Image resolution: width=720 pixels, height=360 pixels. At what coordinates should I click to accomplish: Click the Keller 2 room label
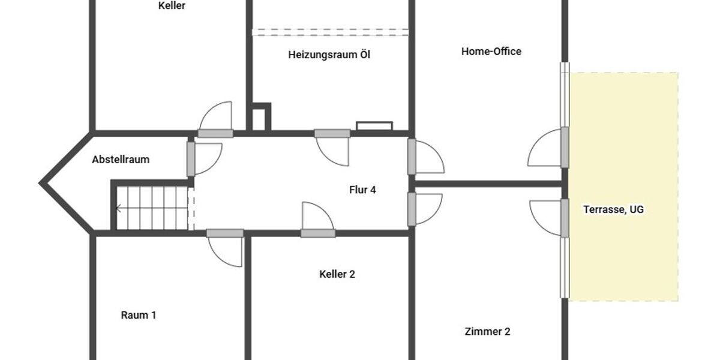[337, 274]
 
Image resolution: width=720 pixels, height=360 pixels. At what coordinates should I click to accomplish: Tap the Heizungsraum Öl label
[329, 55]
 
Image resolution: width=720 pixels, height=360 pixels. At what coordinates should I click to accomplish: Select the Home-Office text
[491, 52]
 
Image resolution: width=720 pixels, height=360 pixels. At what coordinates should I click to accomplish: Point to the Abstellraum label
[121, 160]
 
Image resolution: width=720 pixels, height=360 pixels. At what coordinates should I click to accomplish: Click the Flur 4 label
[362, 190]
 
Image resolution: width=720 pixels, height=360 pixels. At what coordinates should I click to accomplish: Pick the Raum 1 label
[139, 315]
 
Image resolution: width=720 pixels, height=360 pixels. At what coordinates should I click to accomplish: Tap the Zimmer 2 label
[487, 331]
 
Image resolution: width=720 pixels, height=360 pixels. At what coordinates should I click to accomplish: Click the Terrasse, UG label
[613, 210]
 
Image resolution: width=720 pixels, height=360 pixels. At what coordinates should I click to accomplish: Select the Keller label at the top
[172, 6]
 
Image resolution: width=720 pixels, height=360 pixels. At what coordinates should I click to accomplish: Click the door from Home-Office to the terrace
[564, 148]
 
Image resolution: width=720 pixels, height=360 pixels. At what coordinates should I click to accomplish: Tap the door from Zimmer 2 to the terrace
[564, 217]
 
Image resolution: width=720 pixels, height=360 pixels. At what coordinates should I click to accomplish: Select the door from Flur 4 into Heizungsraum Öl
[332, 133]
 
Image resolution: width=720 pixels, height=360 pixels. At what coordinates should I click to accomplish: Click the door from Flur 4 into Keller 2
[318, 233]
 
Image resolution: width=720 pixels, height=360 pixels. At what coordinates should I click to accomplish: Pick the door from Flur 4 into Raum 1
[225, 233]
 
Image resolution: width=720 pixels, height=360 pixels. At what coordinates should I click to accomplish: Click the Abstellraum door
[191, 158]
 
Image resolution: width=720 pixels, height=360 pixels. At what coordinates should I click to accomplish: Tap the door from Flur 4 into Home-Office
[412, 157]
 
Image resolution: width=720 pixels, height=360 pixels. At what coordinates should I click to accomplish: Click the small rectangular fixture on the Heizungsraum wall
[374, 126]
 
